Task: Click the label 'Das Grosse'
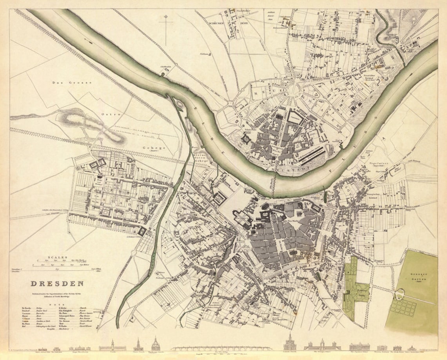coord(72,83)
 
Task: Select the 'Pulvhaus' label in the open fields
coord(203,54)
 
